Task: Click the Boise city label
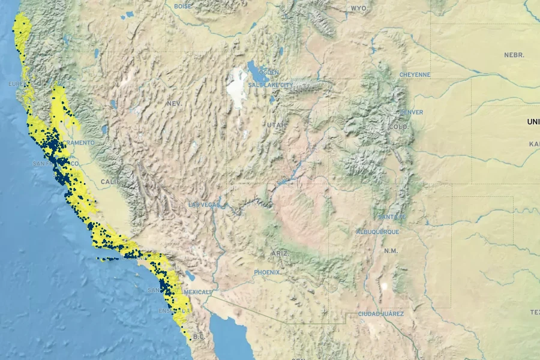pos(182,6)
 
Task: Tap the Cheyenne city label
pos(415,75)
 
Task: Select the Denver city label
pos(411,112)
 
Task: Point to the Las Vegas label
pos(205,205)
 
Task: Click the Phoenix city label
pos(267,272)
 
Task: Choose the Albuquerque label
pos(377,232)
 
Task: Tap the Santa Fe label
pos(392,217)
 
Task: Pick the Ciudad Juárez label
pos(380,314)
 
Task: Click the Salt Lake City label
pos(271,85)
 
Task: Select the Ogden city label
pos(269,72)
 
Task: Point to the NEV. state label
pos(174,103)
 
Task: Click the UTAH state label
pos(277,125)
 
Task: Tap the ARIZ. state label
pos(280,254)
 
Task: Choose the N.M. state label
pos(391,250)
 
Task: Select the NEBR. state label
pos(514,55)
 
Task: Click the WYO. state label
pos(359,8)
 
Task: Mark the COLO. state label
pos(398,127)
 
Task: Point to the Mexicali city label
pos(197,292)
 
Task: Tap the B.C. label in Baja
pos(199,337)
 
